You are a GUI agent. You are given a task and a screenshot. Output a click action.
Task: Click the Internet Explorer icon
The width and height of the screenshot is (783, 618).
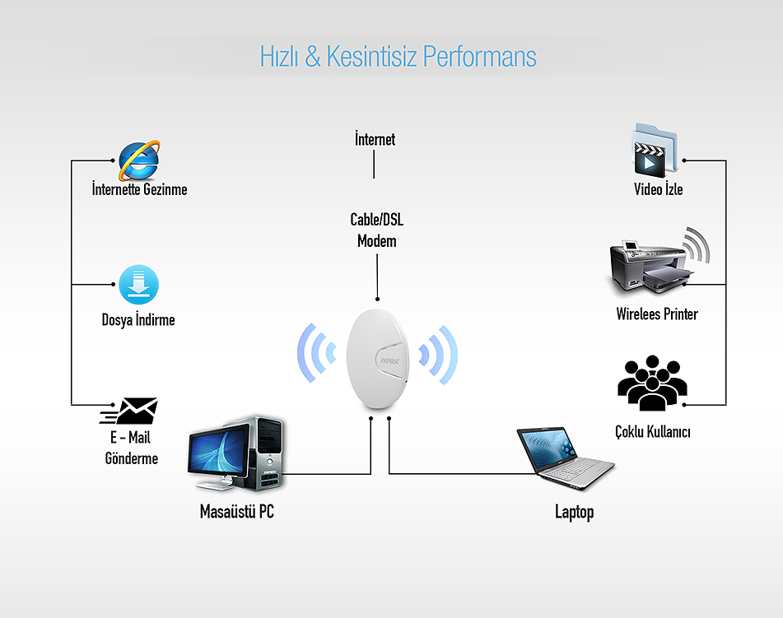(139, 160)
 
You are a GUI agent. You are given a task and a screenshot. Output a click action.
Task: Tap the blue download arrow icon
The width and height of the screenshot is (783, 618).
(139, 285)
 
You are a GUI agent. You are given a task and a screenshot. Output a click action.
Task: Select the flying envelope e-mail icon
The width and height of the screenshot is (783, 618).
(129, 411)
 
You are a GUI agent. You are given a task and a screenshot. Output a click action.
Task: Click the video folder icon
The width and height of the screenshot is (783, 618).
(655, 151)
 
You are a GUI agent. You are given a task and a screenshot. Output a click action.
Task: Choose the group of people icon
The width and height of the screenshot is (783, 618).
(652, 383)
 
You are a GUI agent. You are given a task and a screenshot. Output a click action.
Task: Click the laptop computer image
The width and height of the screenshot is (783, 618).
(566, 458)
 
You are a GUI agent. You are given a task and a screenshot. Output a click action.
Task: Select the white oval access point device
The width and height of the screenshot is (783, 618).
(378, 359)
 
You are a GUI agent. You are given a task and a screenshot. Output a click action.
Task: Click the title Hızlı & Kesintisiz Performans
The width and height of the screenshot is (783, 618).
(398, 57)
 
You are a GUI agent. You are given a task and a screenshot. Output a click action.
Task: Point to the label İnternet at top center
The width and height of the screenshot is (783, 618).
(375, 139)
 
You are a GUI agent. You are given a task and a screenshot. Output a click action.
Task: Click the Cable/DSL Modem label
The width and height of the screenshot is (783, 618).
(377, 230)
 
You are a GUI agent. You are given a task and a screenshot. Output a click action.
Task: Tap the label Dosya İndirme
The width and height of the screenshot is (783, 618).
(138, 319)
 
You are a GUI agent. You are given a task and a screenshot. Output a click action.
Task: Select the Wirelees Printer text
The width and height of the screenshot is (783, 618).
(657, 314)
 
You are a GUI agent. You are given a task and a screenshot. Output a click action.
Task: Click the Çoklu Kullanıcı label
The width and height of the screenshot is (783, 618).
(653, 432)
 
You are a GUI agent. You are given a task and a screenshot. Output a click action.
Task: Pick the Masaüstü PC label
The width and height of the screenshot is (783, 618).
(236, 511)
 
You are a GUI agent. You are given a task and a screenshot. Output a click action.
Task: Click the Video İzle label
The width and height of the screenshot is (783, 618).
(658, 189)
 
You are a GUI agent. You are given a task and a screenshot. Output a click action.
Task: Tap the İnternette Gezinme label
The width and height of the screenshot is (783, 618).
(139, 189)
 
